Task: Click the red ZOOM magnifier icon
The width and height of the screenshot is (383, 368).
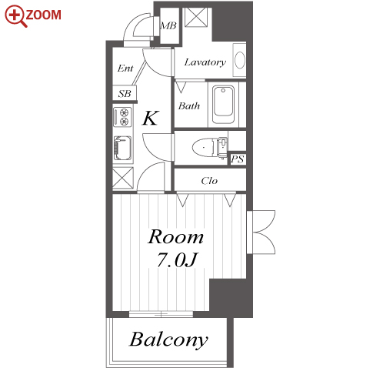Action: pos(15,16)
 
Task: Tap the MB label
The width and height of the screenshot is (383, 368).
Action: pos(168,25)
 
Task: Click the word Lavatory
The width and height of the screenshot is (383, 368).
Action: pos(205,62)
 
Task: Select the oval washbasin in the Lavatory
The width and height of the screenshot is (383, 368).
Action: pos(240,60)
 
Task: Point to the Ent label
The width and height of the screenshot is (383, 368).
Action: pos(125,69)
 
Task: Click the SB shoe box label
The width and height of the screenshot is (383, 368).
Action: pos(125,94)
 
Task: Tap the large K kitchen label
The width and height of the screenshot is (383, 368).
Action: pos(151,118)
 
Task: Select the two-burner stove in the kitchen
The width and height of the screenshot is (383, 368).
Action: pos(123,117)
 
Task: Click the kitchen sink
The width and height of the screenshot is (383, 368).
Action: pos(123,148)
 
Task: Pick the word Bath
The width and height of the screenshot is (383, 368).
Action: pos(189,106)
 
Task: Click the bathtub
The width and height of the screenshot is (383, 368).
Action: pos(223,105)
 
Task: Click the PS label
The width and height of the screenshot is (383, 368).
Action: pos(238,159)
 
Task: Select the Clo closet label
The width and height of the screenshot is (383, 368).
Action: pos(209,181)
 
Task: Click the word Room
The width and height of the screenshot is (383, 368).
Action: pos(176,236)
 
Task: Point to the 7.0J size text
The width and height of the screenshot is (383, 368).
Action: pos(177,259)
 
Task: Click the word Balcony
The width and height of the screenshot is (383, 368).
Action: pos(168,340)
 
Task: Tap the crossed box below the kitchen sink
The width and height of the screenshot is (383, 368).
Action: pos(123,178)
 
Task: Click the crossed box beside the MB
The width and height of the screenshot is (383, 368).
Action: pos(196,17)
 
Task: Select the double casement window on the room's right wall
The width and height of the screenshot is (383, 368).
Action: pos(261,233)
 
